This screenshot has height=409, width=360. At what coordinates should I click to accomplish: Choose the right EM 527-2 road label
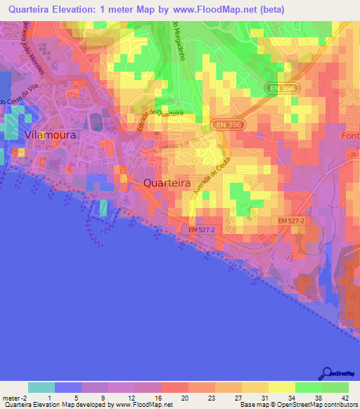pyautogui.click(x=291, y=221)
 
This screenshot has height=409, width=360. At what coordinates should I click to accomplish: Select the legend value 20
pyautogui.click(x=184, y=398)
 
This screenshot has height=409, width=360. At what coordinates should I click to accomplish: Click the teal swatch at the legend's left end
pyautogui.click(x=41, y=387)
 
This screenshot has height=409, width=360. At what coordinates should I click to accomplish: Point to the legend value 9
pyautogui.click(x=103, y=398)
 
